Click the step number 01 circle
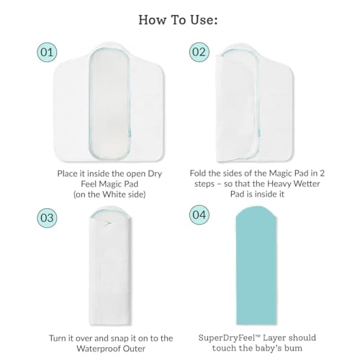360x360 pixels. click(x=47, y=52)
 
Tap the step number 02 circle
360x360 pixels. click(x=199, y=52)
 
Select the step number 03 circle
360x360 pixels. click(x=47, y=217)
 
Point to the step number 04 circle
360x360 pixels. click(x=199, y=215)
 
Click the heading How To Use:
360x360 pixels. click(x=178, y=19)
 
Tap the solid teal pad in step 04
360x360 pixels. click(x=256, y=265)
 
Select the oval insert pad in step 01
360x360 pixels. click(x=109, y=104)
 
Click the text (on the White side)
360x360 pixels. click(x=109, y=194)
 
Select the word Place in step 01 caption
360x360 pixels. click(x=66, y=174)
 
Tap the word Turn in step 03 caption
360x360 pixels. click(x=58, y=338)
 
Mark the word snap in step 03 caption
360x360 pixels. click(x=120, y=338)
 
